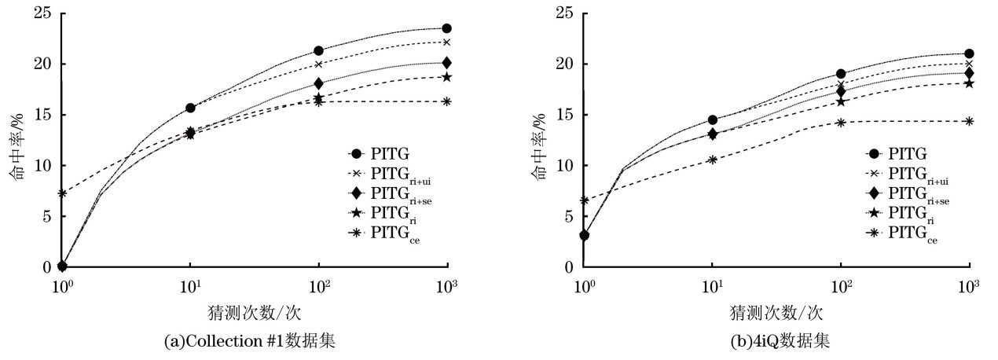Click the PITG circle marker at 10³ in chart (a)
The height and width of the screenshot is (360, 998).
[447, 28]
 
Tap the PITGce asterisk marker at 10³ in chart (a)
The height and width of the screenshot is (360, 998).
[447, 101]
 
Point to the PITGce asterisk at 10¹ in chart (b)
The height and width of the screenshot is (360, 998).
[713, 160]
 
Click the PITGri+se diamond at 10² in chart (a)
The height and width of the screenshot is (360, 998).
[319, 83]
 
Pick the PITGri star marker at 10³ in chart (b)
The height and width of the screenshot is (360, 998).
[969, 83]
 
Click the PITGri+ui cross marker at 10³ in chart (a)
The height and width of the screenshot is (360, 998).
[447, 42]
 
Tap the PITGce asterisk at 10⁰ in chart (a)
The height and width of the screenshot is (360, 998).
[63, 193]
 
